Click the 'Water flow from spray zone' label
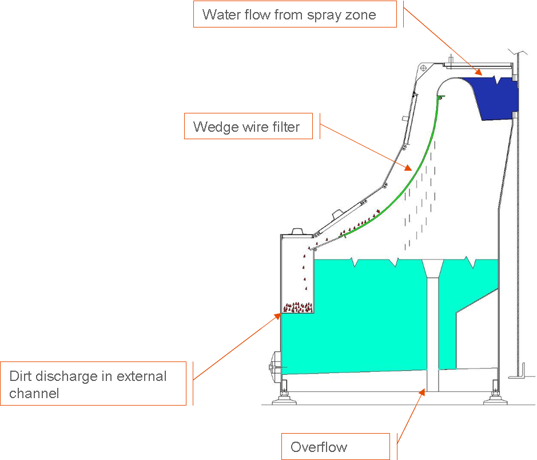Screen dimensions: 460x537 tap(289, 15)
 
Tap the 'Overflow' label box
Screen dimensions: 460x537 tap(319, 447)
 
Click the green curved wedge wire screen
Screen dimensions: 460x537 tap(401, 188)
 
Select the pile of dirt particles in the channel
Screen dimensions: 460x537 tap(298, 308)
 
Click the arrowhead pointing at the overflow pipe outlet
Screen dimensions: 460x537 tap(423, 392)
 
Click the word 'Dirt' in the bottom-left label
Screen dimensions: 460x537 tap(22, 376)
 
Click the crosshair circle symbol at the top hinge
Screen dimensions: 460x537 tap(423, 68)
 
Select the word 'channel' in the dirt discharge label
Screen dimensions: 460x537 tap(34, 394)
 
